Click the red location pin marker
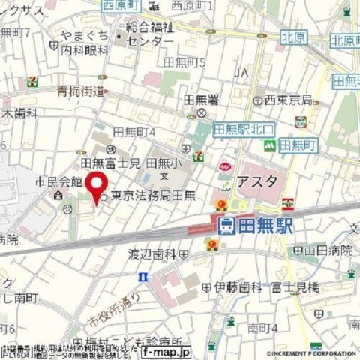[x=96, y=184]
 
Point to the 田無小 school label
[x=162, y=163]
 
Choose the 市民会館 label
[x=51, y=181]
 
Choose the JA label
[x=241, y=73]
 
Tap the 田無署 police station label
[x=201, y=99]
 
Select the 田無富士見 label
[x=111, y=162]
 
